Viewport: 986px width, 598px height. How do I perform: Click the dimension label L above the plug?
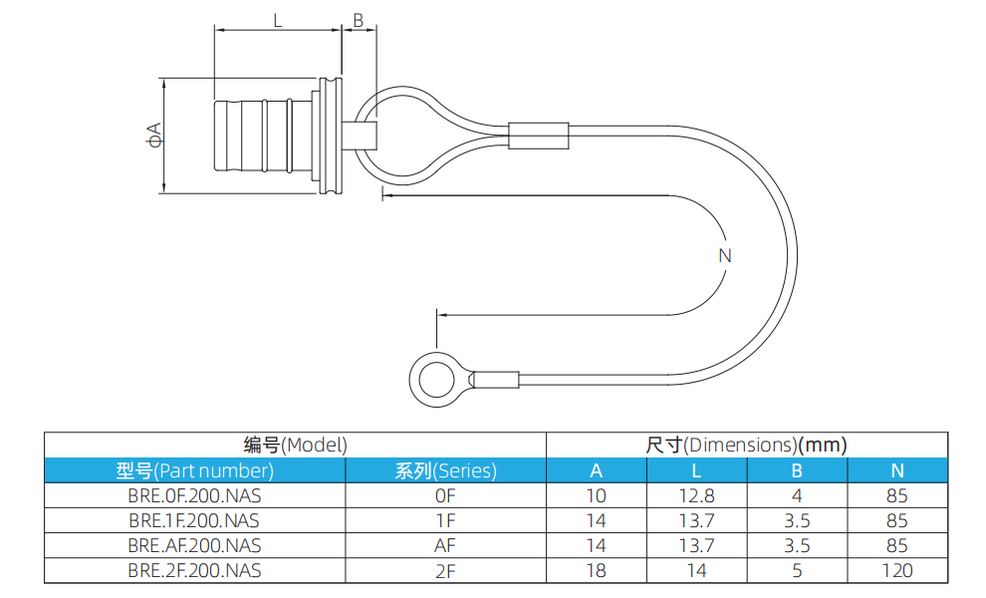coord(278,19)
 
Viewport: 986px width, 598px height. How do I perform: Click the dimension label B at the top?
coord(359,19)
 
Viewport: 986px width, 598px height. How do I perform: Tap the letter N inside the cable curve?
coord(724,255)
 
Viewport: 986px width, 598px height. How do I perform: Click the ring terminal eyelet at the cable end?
coord(437,381)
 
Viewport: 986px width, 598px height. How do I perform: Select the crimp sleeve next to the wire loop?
coord(538,135)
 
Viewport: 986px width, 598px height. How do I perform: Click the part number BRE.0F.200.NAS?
coord(195,495)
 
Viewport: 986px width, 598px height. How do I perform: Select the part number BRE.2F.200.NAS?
coord(195,570)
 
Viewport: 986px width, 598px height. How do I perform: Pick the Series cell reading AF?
coord(445,545)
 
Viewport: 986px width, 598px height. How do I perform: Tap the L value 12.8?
coord(696,495)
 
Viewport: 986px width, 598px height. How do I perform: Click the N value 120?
coord(897,570)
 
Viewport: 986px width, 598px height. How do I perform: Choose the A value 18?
coord(596,570)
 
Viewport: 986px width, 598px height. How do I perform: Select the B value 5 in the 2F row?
coord(797,570)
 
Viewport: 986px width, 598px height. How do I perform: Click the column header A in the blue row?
coord(596,470)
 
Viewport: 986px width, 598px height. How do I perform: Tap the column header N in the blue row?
coord(897,470)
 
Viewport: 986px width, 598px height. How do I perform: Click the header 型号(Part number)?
coord(195,470)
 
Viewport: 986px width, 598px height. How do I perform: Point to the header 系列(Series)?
coord(445,470)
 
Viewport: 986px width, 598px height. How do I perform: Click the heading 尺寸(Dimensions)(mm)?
coord(746,445)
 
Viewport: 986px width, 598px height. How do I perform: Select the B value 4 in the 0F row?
coord(797,495)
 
